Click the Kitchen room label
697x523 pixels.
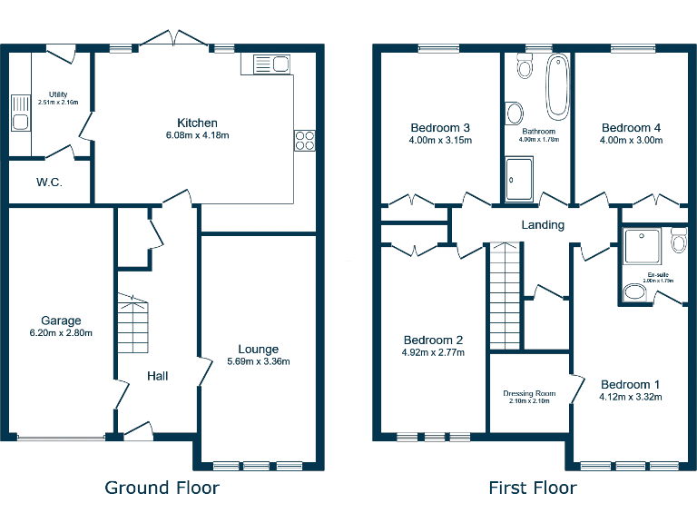(197, 123)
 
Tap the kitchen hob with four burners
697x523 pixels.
(304, 141)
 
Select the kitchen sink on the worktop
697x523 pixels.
(270, 64)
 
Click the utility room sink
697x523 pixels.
(19, 113)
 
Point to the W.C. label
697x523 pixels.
(49, 183)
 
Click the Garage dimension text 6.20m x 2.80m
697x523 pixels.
(61, 333)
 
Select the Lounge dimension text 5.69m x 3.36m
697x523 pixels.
(258, 362)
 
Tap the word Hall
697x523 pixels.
(158, 375)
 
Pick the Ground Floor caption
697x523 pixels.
(162, 488)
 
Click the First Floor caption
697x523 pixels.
(532, 488)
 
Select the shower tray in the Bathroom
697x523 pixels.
(520, 180)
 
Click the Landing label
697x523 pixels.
(543, 224)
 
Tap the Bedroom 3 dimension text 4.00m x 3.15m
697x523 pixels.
(440, 141)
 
